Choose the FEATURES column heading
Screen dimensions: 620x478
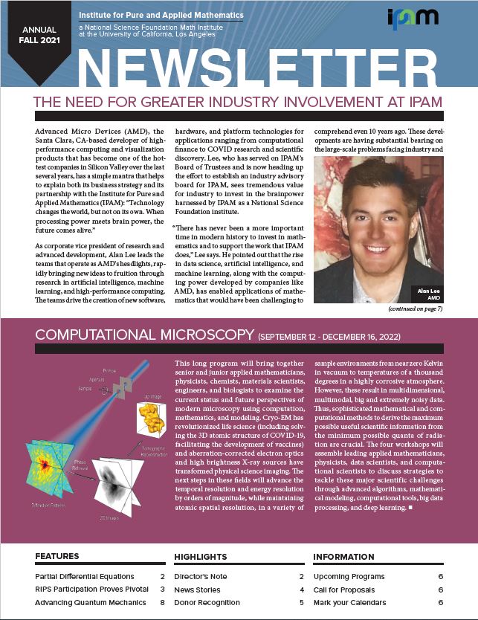click(56, 556)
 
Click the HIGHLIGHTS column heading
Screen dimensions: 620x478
click(201, 556)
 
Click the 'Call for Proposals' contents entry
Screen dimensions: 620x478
click(348, 589)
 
